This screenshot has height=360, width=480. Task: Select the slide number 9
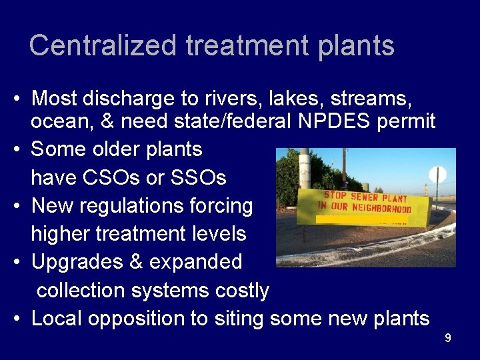pos(448,339)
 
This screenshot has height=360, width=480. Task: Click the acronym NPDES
pos(333,121)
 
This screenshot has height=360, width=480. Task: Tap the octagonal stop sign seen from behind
pos(437,175)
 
